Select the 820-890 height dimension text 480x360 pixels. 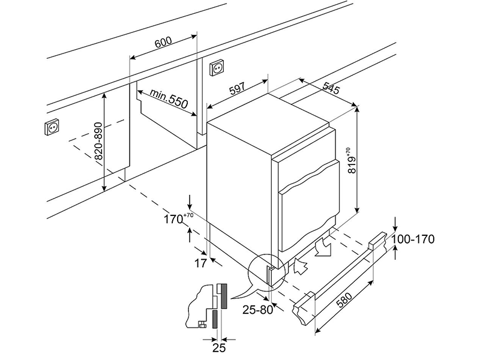[x=98, y=142]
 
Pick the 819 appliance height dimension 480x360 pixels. [x=352, y=160]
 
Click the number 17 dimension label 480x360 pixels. [x=200, y=263]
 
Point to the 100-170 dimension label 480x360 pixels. [x=413, y=239]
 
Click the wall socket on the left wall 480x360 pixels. [x=53, y=128]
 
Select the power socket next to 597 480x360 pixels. [x=216, y=69]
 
